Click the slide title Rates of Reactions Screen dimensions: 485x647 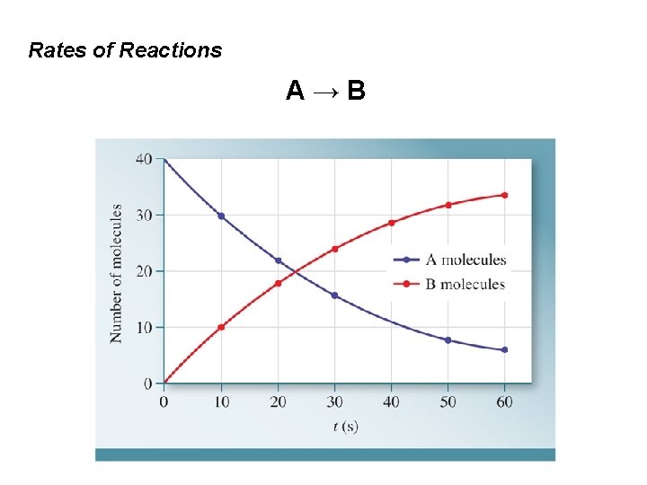coord(125,50)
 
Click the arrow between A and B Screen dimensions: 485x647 coord(325,91)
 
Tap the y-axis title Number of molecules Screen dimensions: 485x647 coord(117,273)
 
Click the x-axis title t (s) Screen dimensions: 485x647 coord(345,427)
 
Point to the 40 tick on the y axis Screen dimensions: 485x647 coord(143,159)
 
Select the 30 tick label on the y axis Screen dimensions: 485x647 coord(143,215)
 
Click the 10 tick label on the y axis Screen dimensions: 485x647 coord(143,327)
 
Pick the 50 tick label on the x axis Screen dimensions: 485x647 coord(448,401)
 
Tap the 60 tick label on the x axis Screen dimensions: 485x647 coord(504,401)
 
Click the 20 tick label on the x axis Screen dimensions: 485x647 coord(278,401)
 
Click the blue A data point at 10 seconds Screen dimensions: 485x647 coord(221,216)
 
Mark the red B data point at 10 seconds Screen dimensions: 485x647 coord(221,327)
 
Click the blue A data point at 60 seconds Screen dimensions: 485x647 coord(504,349)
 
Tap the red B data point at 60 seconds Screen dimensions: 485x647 coord(504,195)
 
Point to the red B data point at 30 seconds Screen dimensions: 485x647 coord(334,249)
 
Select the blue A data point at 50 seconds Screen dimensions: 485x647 coord(448,340)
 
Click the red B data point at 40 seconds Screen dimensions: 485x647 coord(391,223)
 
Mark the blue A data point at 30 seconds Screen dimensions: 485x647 coord(334,295)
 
